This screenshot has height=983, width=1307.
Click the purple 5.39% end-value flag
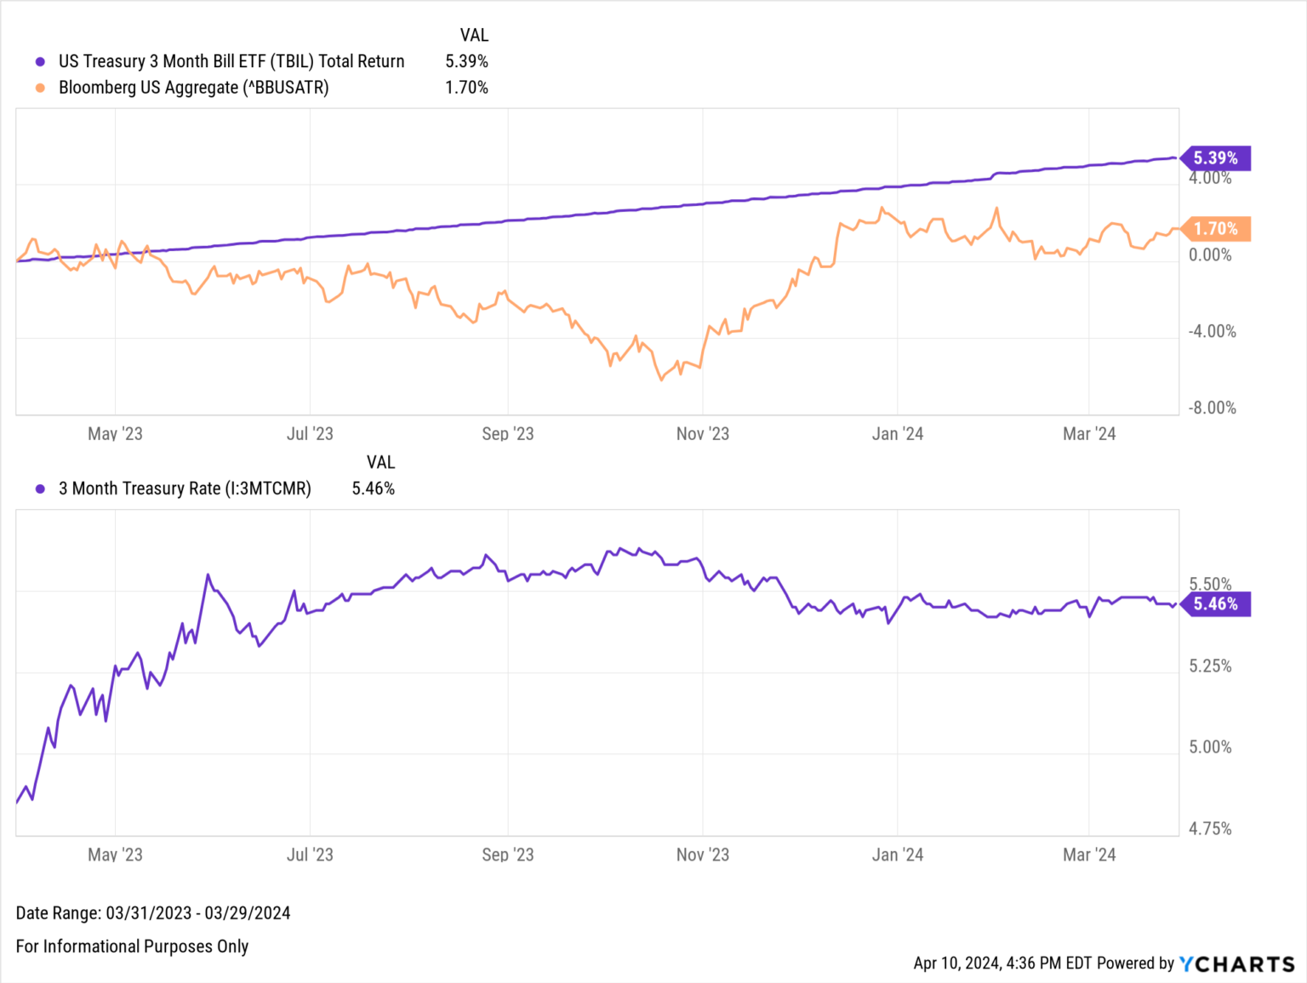[x=1216, y=158]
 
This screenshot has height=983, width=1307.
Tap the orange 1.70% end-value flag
[x=1216, y=229]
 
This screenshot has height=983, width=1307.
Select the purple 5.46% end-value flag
[x=1216, y=604]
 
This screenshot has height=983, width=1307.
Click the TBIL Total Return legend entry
[x=231, y=61]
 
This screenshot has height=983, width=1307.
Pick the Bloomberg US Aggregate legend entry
[x=193, y=88]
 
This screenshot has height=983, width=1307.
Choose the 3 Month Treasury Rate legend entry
[x=184, y=489]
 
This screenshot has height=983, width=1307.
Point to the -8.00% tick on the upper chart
[x=1212, y=408]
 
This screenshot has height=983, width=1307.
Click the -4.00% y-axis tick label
[x=1212, y=331]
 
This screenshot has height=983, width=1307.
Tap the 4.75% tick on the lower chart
[x=1210, y=828]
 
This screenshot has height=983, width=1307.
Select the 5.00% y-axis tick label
[x=1210, y=747]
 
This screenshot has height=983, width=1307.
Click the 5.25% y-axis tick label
[x=1210, y=666]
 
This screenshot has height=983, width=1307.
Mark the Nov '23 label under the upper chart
[x=702, y=434]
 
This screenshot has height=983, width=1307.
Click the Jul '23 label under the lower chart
[x=310, y=854]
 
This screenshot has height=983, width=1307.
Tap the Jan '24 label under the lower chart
[x=897, y=854]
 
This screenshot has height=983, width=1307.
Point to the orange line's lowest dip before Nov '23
[x=661, y=380]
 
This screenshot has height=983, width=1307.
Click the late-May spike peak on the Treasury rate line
[x=208, y=575]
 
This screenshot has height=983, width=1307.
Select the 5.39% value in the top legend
[x=466, y=61]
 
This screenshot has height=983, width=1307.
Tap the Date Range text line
[x=153, y=913]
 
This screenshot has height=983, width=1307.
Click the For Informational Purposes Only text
[x=132, y=946]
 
